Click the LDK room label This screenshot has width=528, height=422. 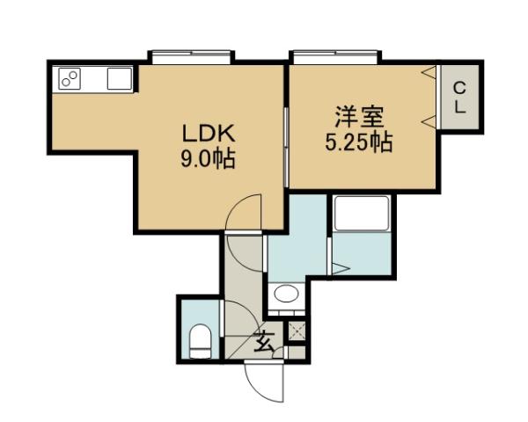[208, 135]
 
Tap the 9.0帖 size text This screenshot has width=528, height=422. [208, 160]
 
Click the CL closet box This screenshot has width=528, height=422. [459, 98]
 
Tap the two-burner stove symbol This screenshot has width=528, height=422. [70, 80]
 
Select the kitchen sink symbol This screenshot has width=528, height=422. [119, 79]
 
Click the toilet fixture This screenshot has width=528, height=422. [200, 339]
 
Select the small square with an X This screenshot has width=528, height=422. [297, 332]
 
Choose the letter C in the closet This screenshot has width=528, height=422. [459, 88]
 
